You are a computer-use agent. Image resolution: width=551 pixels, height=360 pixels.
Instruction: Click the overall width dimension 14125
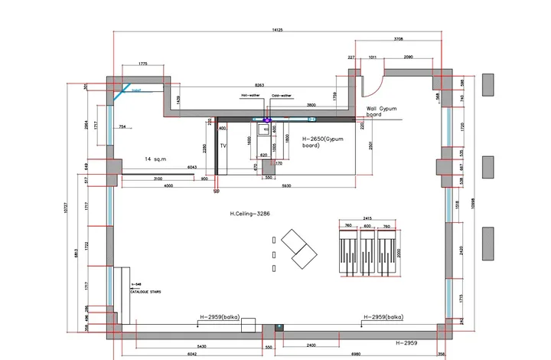click(276, 30)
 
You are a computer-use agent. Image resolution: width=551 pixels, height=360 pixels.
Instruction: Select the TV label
click(224, 145)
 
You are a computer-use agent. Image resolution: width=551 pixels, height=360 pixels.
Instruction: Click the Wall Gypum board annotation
click(383, 113)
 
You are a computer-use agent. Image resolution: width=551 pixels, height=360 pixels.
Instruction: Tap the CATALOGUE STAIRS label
click(145, 292)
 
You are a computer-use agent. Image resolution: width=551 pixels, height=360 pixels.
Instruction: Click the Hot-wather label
click(250, 96)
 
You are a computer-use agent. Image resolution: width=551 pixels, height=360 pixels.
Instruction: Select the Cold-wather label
click(280, 96)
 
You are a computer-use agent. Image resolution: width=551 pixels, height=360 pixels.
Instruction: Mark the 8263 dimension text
click(260, 85)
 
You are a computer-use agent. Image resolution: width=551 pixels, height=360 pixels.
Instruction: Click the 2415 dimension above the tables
click(367, 218)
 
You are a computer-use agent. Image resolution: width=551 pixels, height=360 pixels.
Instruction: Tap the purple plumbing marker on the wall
click(268, 119)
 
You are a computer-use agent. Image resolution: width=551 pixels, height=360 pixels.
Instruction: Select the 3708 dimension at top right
click(399, 38)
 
